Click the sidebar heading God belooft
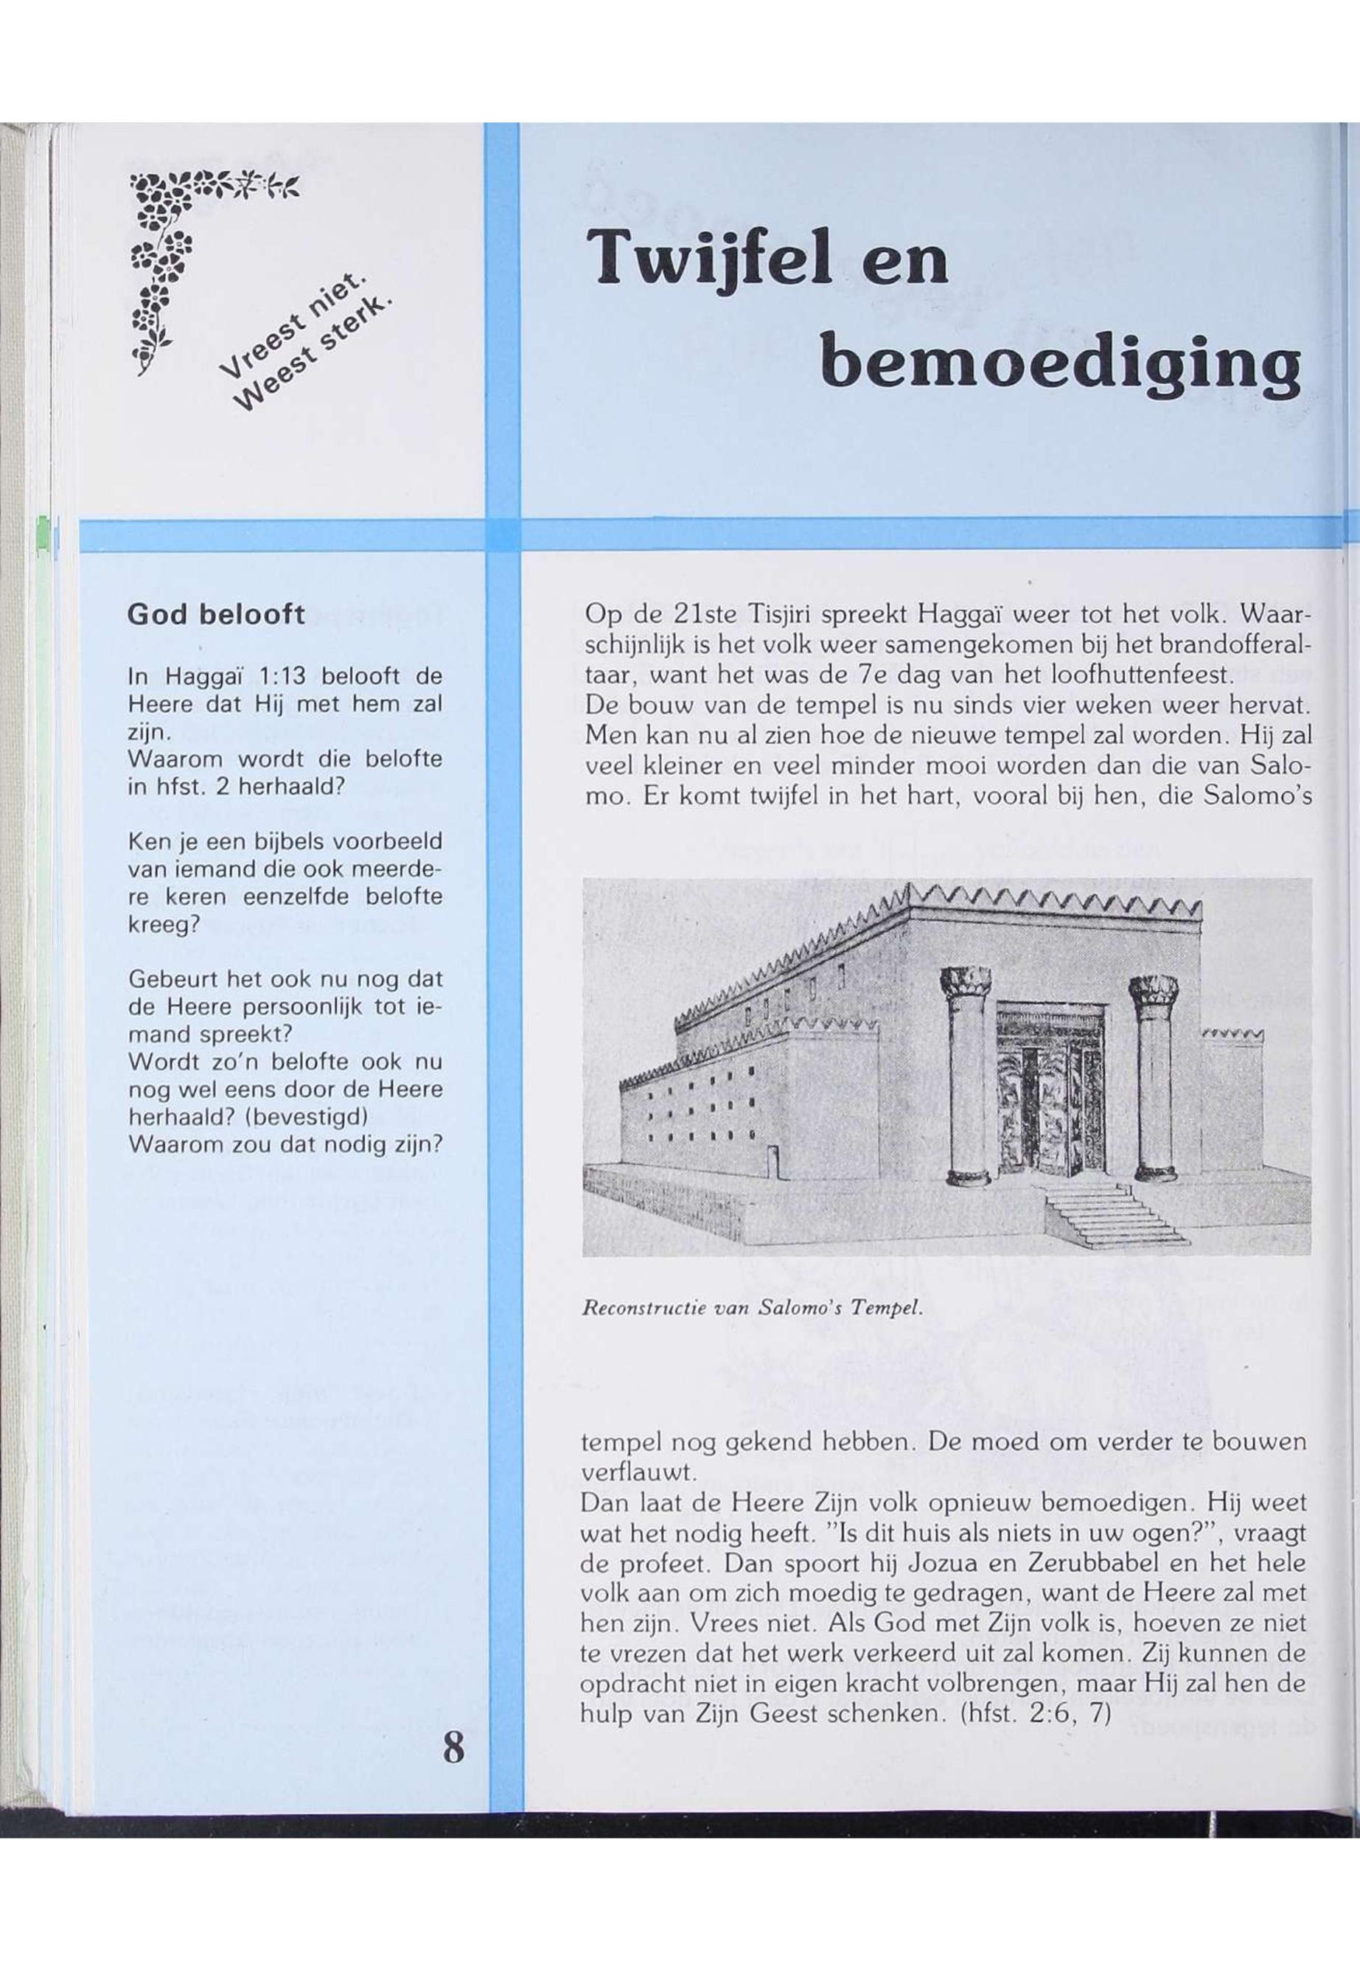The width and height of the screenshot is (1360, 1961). (x=215, y=614)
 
